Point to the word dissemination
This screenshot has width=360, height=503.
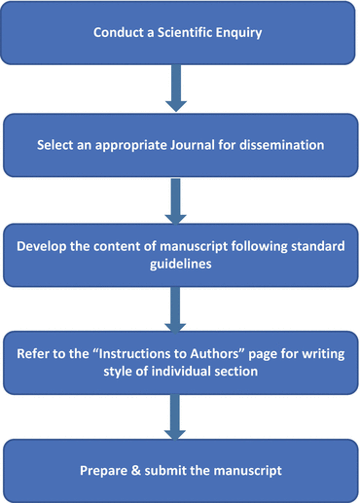point(270,145)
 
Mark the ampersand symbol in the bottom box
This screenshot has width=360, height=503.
point(135,471)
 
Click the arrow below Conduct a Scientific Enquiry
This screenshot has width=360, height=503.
point(177,87)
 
